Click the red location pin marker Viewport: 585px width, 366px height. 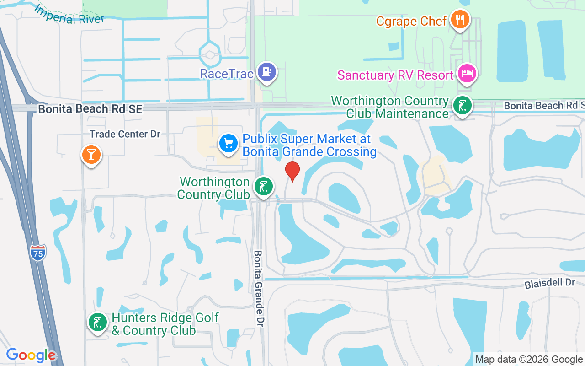pyautogui.click(x=292, y=171)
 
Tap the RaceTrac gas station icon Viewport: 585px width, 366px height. pyautogui.click(x=267, y=72)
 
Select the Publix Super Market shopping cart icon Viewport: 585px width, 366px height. pyautogui.click(x=228, y=144)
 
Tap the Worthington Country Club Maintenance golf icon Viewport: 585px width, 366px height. pyautogui.click(x=462, y=106)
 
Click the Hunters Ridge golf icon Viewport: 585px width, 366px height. pyautogui.click(x=97, y=323)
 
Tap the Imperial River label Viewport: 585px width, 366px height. pyautogui.click(x=69, y=15)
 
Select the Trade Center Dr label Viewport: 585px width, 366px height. pyautogui.click(x=125, y=134)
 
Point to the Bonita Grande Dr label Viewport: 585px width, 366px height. pyautogui.click(x=259, y=288)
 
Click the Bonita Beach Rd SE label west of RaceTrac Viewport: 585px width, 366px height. pyautogui.click(x=90, y=109)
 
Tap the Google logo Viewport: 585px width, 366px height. pyautogui.click(x=31, y=355)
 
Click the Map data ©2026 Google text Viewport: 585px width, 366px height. pyautogui.click(x=529, y=360)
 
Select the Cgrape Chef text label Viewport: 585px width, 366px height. pyautogui.click(x=411, y=21)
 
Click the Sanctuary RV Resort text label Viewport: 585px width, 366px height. pyautogui.click(x=395, y=75)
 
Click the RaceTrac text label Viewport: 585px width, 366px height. pyautogui.click(x=227, y=74)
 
